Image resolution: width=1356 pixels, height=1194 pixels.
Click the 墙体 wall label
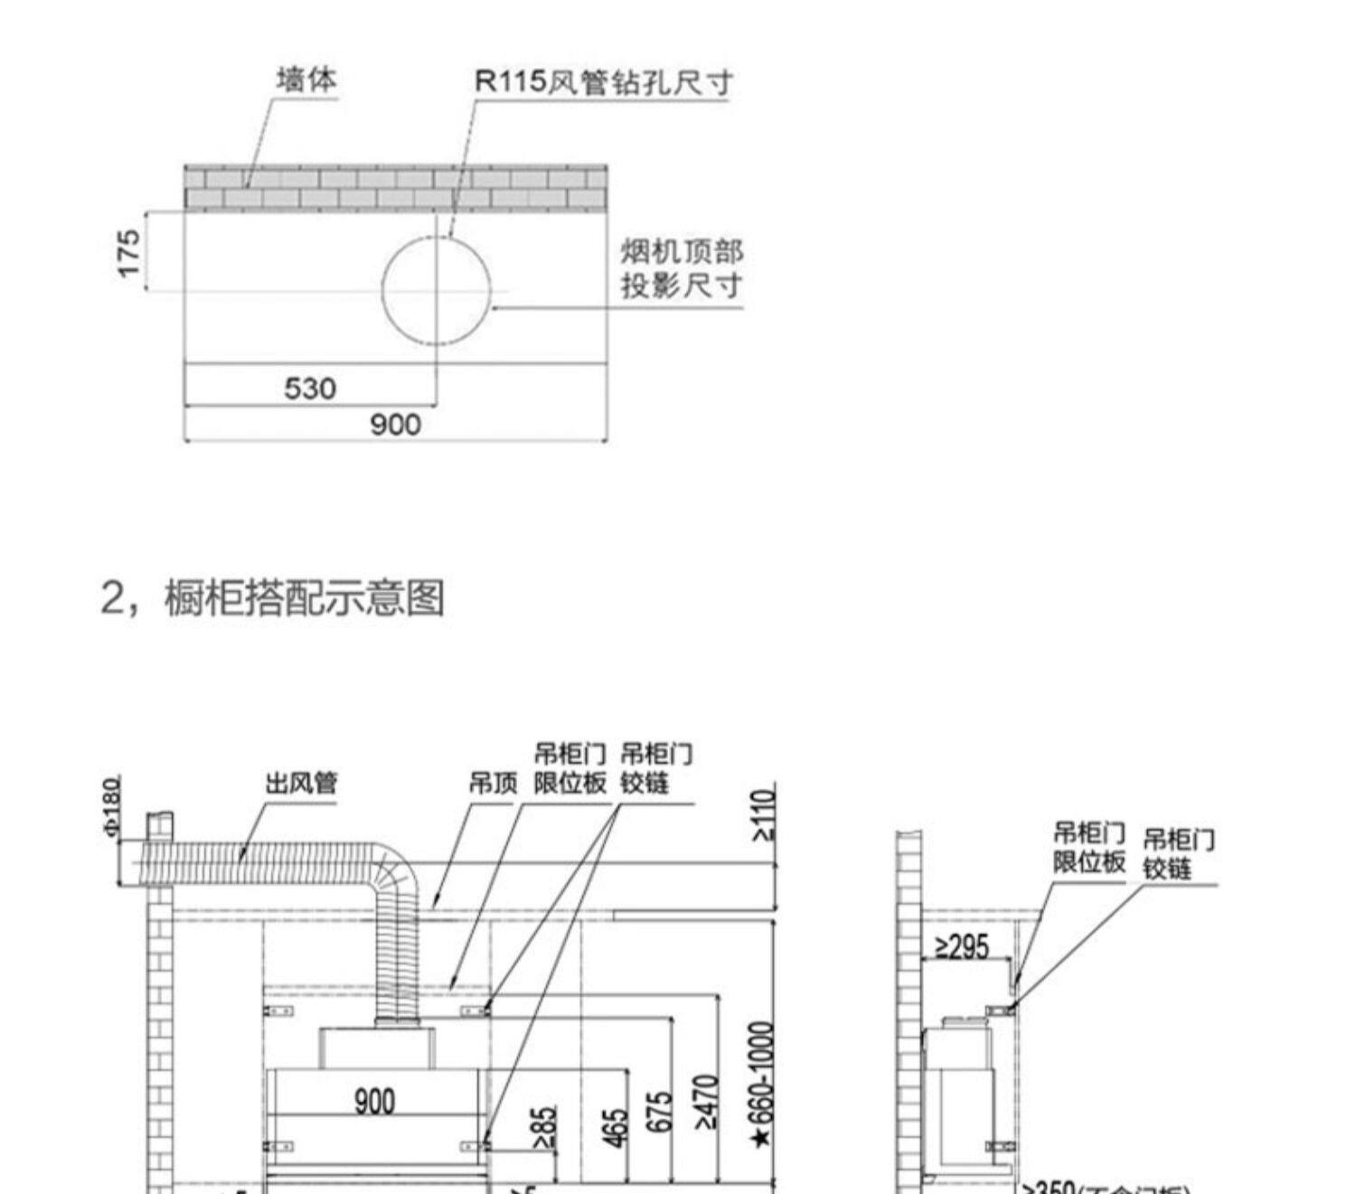(x=306, y=80)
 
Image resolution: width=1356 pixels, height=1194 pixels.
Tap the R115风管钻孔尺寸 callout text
(x=602, y=82)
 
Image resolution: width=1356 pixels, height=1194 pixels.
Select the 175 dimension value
(x=129, y=253)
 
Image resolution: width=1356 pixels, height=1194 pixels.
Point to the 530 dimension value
(x=310, y=389)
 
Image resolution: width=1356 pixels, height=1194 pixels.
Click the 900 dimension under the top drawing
(x=396, y=425)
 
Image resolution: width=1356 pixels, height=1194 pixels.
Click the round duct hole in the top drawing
(x=437, y=290)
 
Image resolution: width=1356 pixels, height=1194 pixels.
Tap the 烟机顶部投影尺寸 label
(x=682, y=268)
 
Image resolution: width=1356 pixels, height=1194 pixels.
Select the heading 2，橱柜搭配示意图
(x=272, y=597)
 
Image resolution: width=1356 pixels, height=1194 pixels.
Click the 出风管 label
(x=301, y=783)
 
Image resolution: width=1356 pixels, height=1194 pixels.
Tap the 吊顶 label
(x=493, y=784)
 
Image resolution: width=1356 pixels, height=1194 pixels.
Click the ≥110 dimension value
(x=764, y=815)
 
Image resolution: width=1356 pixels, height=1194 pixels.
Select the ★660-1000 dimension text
(x=763, y=1085)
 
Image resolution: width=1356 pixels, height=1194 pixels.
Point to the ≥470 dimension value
(x=707, y=1103)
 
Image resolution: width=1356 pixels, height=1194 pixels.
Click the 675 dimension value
(x=660, y=1112)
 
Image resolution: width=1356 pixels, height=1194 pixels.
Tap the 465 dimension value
(x=615, y=1128)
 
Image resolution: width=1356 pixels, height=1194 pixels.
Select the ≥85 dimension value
(x=544, y=1130)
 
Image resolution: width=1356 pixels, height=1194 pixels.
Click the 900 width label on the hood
(x=374, y=1101)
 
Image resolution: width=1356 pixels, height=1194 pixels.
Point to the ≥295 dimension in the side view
(x=962, y=946)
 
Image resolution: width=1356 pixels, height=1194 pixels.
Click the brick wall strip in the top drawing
(x=395, y=188)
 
